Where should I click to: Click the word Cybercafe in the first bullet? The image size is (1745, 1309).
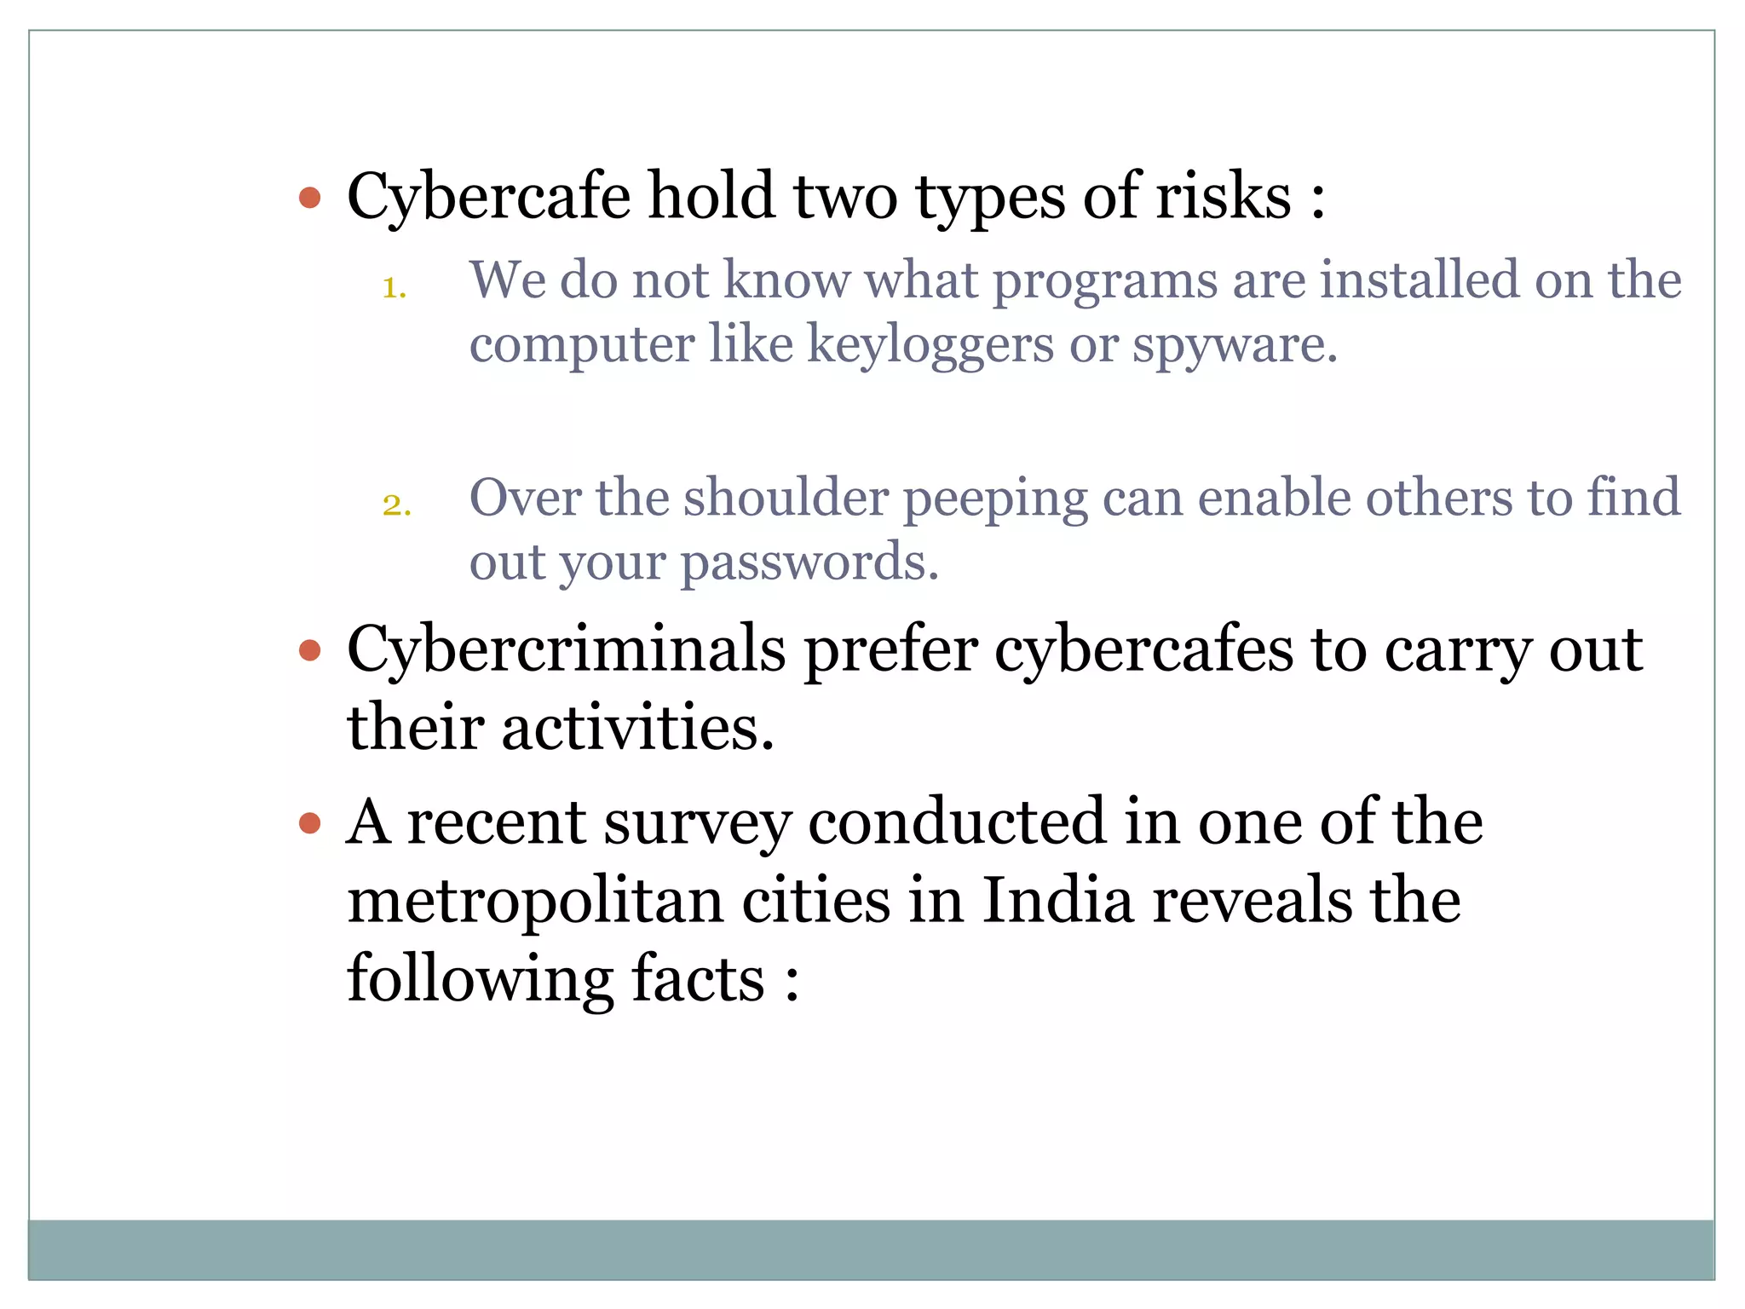tap(488, 198)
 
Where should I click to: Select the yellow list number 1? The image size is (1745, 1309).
tap(394, 288)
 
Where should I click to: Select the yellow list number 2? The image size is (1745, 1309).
tap(396, 505)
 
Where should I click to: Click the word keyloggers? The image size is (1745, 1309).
tap(930, 345)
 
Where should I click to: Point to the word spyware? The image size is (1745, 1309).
tap(1234, 345)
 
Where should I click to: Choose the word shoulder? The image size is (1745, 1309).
tap(786, 498)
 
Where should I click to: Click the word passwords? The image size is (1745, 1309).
tap(809, 563)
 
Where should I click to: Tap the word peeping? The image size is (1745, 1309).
tap(995, 499)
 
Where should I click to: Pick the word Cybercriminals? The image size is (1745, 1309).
tap(566, 650)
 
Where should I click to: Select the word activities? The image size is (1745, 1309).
tap(637, 729)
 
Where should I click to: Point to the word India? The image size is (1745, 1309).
tap(1057, 901)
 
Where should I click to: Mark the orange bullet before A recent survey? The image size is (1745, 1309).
tap(310, 824)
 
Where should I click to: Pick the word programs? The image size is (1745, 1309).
tap(1105, 281)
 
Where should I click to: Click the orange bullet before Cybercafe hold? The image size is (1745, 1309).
tap(310, 199)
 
